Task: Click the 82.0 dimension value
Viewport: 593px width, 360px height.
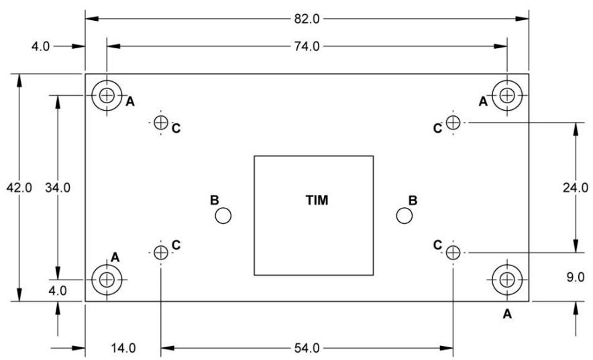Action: (307, 19)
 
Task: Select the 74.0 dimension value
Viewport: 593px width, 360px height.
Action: (307, 46)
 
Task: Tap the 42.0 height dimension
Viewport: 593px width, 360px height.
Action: (19, 187)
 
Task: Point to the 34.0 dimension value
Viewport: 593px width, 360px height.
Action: (58, 187)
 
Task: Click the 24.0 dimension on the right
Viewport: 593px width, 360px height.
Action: (576, 187)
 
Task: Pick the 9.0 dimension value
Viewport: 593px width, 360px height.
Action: (576, 278)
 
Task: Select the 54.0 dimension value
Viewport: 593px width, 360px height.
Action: (307, 348)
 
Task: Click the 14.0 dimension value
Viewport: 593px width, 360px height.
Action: (123, 348)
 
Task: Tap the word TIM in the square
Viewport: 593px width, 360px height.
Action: (317, 200)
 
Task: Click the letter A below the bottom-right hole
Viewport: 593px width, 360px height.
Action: (507, 314)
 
